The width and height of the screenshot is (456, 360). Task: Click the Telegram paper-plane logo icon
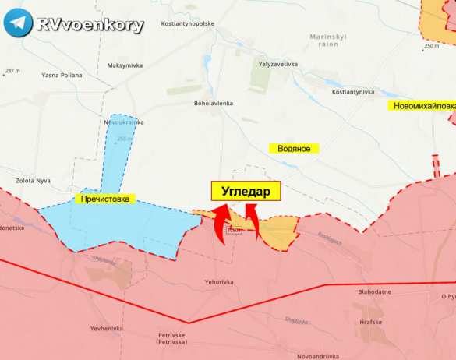pos(18,24)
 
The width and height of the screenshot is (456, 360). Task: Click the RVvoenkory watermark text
pos(90,25)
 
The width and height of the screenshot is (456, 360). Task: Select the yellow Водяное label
pos(295,147)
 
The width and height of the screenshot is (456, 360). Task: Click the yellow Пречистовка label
pos(105,199)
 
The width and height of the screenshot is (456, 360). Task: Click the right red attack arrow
pos(252,218)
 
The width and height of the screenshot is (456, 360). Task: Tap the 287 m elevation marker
pos(12,71)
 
